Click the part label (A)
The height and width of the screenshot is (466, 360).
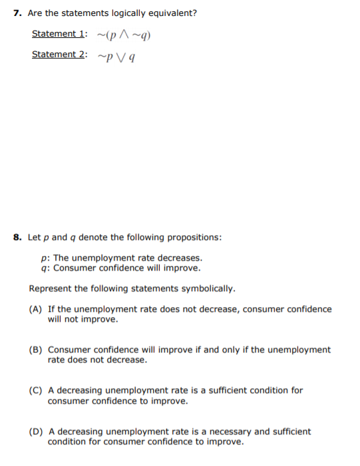coord(36,309)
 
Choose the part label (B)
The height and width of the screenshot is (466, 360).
coord(36,350)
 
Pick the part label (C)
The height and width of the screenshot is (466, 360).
coord(36,391)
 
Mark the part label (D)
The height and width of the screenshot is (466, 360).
coord(36,431)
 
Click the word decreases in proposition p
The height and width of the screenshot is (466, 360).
coord(182,258)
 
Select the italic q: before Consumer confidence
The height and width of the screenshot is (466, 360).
coord(45,269)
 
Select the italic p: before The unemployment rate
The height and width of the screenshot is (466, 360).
coord(45,258)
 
